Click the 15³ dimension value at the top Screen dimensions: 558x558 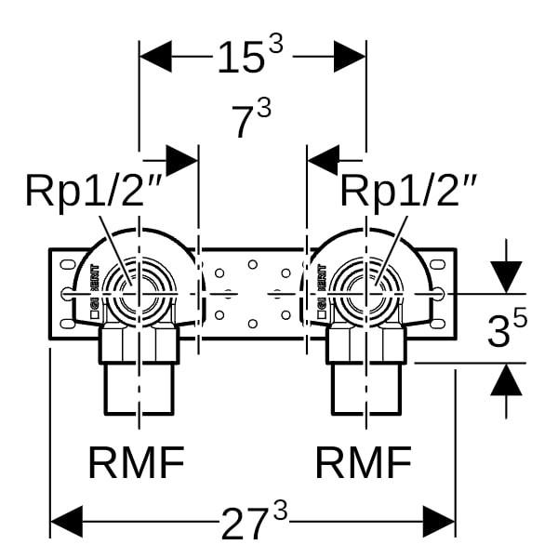pyautogui.click(x=252, y=57)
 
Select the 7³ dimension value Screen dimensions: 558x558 pyautogui.click(x=252, y=121)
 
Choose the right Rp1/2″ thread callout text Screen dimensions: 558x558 pyautogui.click(x=408, y=192)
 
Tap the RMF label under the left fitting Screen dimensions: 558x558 pyautogui.click(x=137, y=462)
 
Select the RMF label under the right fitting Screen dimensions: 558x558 pyautogui.click(x=364, y=462)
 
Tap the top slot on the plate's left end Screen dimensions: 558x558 pyautogui.click(x=65, y=265)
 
